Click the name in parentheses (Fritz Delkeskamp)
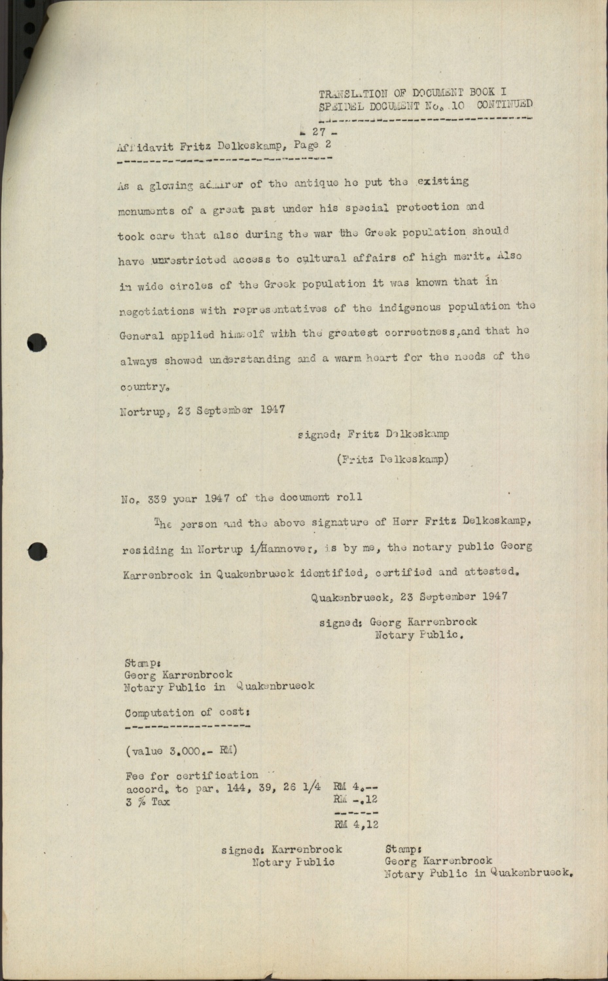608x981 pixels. click(392, 459)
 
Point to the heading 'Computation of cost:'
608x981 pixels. click(187, 713)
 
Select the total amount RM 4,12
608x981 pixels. click(356, 825)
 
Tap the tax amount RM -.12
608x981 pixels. click(356, 799)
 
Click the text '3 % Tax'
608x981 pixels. click(147, 801)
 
